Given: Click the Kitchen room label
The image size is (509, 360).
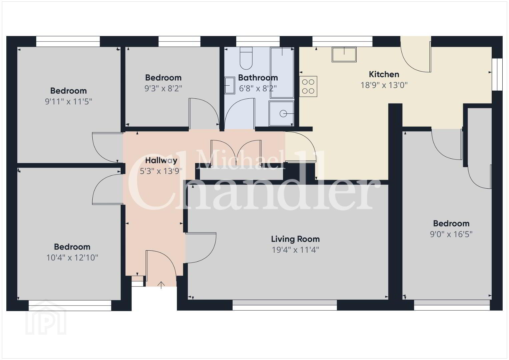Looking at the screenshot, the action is (x=384, y=74).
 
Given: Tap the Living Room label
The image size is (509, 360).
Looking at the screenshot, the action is (x=295, y=239).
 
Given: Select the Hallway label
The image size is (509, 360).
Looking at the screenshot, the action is (x=161, y=160).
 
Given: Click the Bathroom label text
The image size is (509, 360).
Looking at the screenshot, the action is (x=258, y=78).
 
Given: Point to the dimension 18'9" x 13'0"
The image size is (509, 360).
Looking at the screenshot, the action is (x=384, y=85).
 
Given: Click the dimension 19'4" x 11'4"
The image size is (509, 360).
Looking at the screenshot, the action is (x=295, y=250).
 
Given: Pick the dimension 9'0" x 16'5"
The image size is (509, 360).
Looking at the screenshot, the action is (x=451, y=234).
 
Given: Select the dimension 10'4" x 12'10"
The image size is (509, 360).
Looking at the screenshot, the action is (x=72, y=258).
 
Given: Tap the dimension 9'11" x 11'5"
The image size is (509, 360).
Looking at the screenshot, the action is (x=68, y=102).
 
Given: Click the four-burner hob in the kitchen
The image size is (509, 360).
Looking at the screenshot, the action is (x=308, y=86).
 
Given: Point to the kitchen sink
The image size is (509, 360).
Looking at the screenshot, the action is (x=344, y=55).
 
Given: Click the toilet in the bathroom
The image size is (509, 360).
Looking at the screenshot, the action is (x=246, y=58).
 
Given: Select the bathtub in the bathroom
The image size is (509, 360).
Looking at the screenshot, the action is (x=282, y=73).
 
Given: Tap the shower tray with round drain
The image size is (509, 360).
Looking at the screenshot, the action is (x=282, y=113).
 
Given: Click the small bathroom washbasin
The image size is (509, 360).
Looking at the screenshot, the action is (x=230, y=85).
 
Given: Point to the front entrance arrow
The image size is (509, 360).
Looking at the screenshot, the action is (x=161, y=285).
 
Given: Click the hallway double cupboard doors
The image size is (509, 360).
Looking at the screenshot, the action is (x=236, y=153).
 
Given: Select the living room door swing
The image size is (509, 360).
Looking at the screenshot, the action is (x=201, y=248).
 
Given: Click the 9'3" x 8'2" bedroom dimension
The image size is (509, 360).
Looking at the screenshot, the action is (x=163, y=88).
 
